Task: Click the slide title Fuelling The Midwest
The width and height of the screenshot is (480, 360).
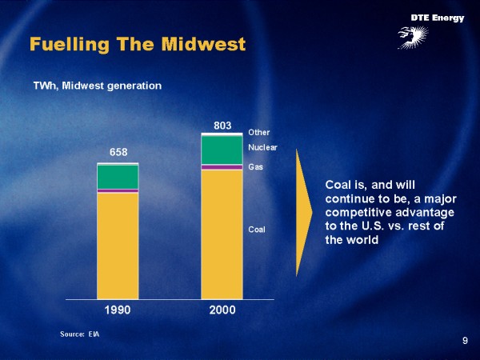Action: (137, 44)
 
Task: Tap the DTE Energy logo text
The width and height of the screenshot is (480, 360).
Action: (437, 18)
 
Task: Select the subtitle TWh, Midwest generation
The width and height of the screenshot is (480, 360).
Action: (97, 85)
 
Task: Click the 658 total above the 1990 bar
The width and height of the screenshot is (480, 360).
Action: (118, 152)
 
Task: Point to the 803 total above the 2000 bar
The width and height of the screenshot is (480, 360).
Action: (222, 125)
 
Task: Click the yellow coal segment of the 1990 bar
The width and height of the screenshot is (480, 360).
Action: (118, 245)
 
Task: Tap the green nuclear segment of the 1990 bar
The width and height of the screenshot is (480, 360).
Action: (118, 177)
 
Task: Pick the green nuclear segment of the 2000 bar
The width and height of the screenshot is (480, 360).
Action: (222, 150)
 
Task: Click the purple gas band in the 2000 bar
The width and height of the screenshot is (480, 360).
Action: (222, 166)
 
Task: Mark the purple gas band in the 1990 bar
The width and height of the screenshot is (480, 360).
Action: (118, 191)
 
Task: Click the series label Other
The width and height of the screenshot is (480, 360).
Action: (259, 133)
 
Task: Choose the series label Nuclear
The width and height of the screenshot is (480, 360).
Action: (262, 148)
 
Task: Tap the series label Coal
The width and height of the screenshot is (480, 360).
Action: (257, 230)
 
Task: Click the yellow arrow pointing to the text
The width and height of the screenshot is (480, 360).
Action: (302, 212)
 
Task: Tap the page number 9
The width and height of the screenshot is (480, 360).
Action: (465, 342)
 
